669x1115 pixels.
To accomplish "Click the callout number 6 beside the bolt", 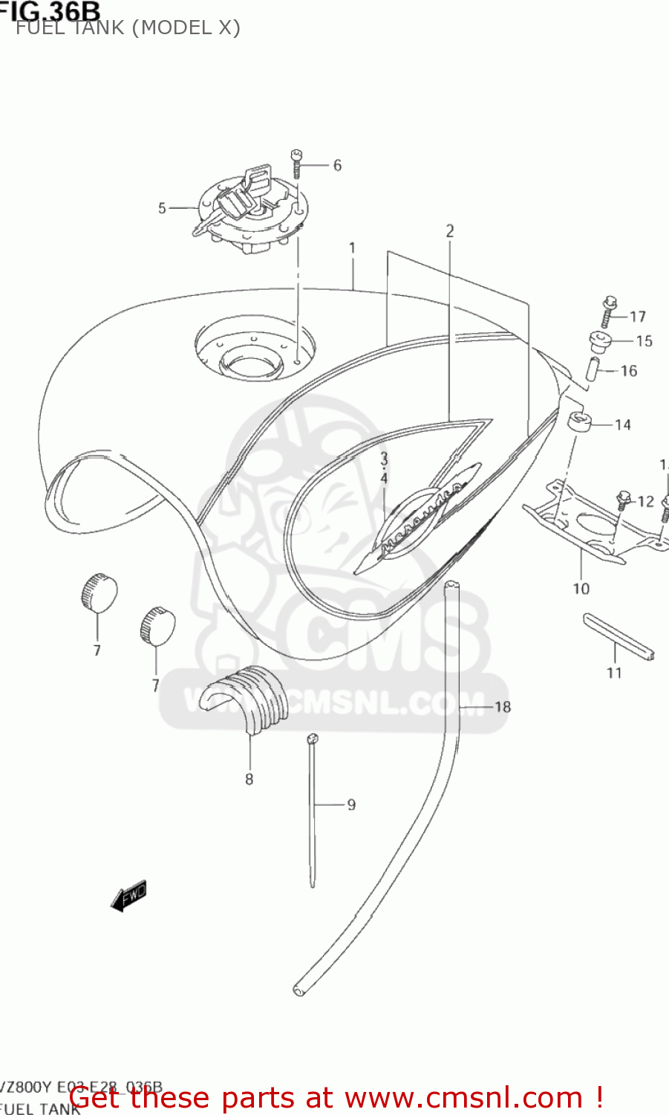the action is pyautogui.click(x=337, y=165).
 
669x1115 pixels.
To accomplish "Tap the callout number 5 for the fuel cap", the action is pyautogui.click(x=162, y=208).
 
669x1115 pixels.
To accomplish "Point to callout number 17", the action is pyautogui.click(x=638, y=317).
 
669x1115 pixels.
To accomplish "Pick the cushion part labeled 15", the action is pyautogui.click(x=600, y=343).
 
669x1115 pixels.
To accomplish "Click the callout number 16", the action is pyautogui.click(x=629, y=370).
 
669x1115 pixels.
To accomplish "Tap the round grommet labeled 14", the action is pyautogui.click(x=578, y=421).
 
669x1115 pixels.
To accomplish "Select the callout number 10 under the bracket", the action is pyautogui.click(x=581, y=589).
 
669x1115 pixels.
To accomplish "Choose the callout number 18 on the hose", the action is pyautogui.click(x=503, y=706).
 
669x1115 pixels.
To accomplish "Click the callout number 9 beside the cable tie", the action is pyautogui.click(x=351, y=804).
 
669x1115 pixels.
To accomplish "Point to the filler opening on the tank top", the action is pyautogui.click(x=250, y=362).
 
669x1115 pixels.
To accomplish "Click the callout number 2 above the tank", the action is pyautogui.click(x=449, y=231).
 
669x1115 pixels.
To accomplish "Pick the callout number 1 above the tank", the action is pyautogui.click(x=352, y=248).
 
